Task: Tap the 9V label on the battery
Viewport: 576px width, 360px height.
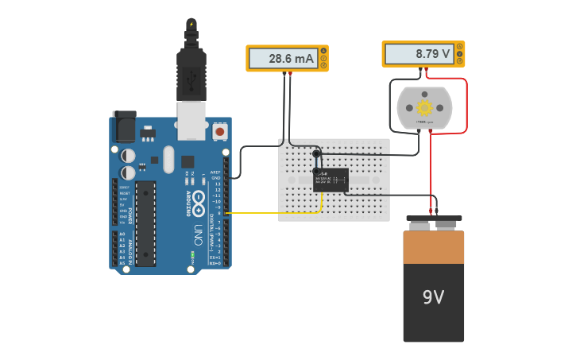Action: (433, 297)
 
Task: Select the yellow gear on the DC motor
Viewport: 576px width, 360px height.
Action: (424, 107)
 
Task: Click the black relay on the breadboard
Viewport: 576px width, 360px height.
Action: (331, 180)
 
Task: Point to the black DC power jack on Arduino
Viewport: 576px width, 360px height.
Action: (123, 126)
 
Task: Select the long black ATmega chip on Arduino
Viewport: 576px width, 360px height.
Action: (145, 223)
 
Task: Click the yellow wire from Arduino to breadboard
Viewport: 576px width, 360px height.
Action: (270, 213)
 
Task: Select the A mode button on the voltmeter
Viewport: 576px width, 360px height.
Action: (460, 46)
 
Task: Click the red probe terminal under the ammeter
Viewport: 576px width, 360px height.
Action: (290, 74)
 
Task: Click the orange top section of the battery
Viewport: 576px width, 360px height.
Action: (433, 247)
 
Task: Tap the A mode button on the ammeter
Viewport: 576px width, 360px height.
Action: (323, 51)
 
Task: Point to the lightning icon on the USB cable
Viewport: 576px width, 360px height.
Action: (191, 25)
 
